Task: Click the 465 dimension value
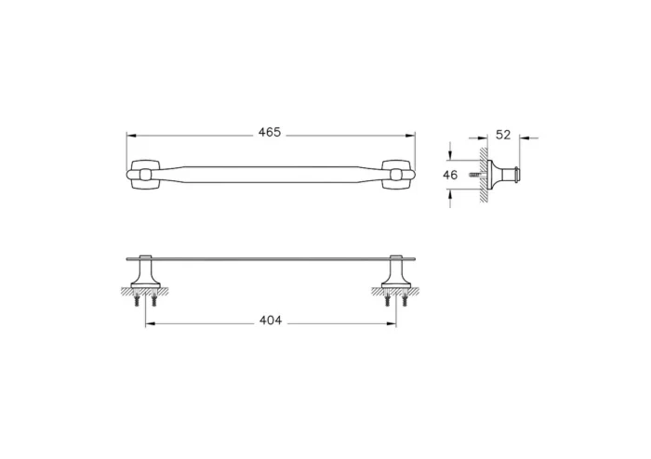pyautogui.click(x=270, y=133)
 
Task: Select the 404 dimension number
pyautogui.click(x=271, y=321)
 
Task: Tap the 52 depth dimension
pyautogui.click(x=503, y=134)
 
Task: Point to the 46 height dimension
pyautogui.click(x=450, y=174)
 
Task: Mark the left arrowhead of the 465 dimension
pyautogui.click(x=130, y=134)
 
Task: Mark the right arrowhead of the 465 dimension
pyautogui.click(x=412, y=134)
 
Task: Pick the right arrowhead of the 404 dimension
pyautogui.click(x=393, y=323)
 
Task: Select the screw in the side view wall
pyautogui.click(x=475, y=174)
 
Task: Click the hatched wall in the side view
pyautogui.click(x=484, y=174)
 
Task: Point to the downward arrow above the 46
pyautogui.click(x=450, y=155)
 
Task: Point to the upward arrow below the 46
pyautogui.click(x=450, y=192)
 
